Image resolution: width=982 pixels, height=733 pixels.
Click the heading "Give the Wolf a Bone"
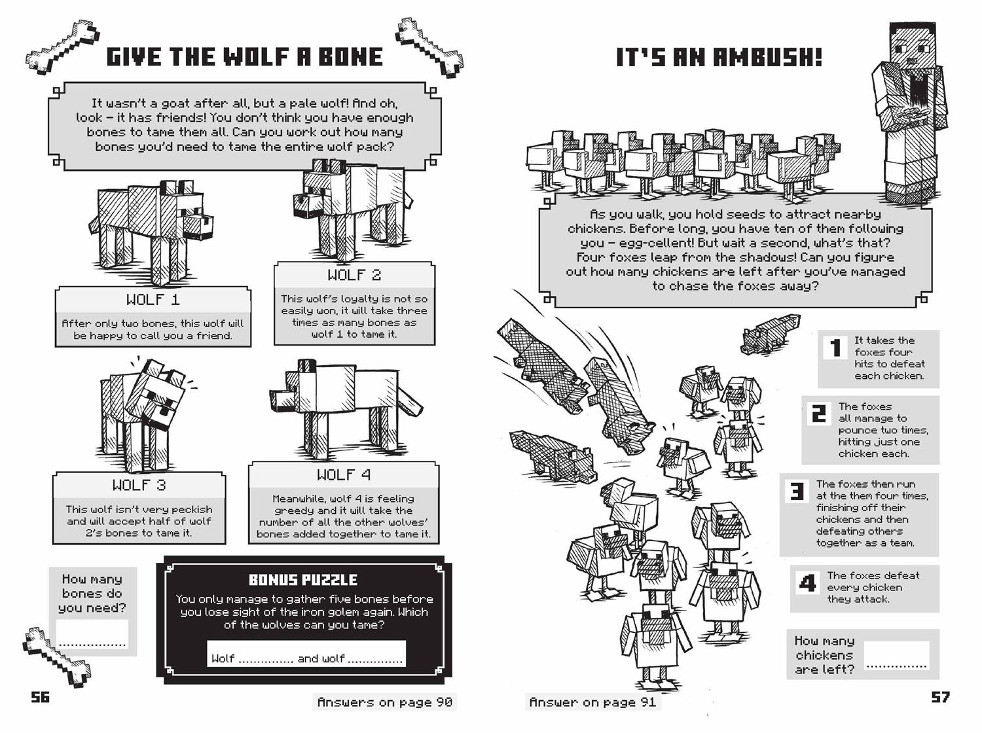pyautogui.click(x=244, y=57)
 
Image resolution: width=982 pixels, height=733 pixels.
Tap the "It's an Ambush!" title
pyautogui.click(x=718, y=58)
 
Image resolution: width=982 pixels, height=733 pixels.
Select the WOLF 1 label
pyautogui.click(x=153, y=300)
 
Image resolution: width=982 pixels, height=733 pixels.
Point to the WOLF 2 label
pyautogui.click(x=354, y=275)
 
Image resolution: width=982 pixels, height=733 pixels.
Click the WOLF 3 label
pyautogui.click(x=139, y=485)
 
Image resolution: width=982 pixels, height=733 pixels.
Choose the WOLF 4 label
pyautogui.click(x=344, y=474)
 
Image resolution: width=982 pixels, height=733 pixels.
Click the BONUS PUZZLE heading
pyautogui.click(x=303, y=580)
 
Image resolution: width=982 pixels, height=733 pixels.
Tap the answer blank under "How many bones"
pyautogui.click(x=92, y=635)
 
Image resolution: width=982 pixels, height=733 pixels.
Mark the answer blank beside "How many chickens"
pyautogui.click(x=896, y=656)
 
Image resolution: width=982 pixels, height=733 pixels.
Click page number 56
pyautogui.click(x=41, y=697)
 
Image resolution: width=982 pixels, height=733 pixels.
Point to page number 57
pyautogui.click(x=940, y=697)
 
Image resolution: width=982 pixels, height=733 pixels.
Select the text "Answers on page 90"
pyautogui.click(x=384, y=702)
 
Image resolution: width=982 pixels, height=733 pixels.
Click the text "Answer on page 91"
pyautogui.click(x=592, y=702)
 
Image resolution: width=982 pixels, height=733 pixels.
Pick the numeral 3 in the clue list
pyautogui.click(x=797, y=491)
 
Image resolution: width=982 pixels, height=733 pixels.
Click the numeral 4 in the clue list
pyautogui.click(x=808, y=582)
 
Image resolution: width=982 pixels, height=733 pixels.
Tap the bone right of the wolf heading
pyautogui.click(x=429, y=47)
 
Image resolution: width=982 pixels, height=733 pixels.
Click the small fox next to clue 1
pyautogui.click(x=771, y=334)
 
